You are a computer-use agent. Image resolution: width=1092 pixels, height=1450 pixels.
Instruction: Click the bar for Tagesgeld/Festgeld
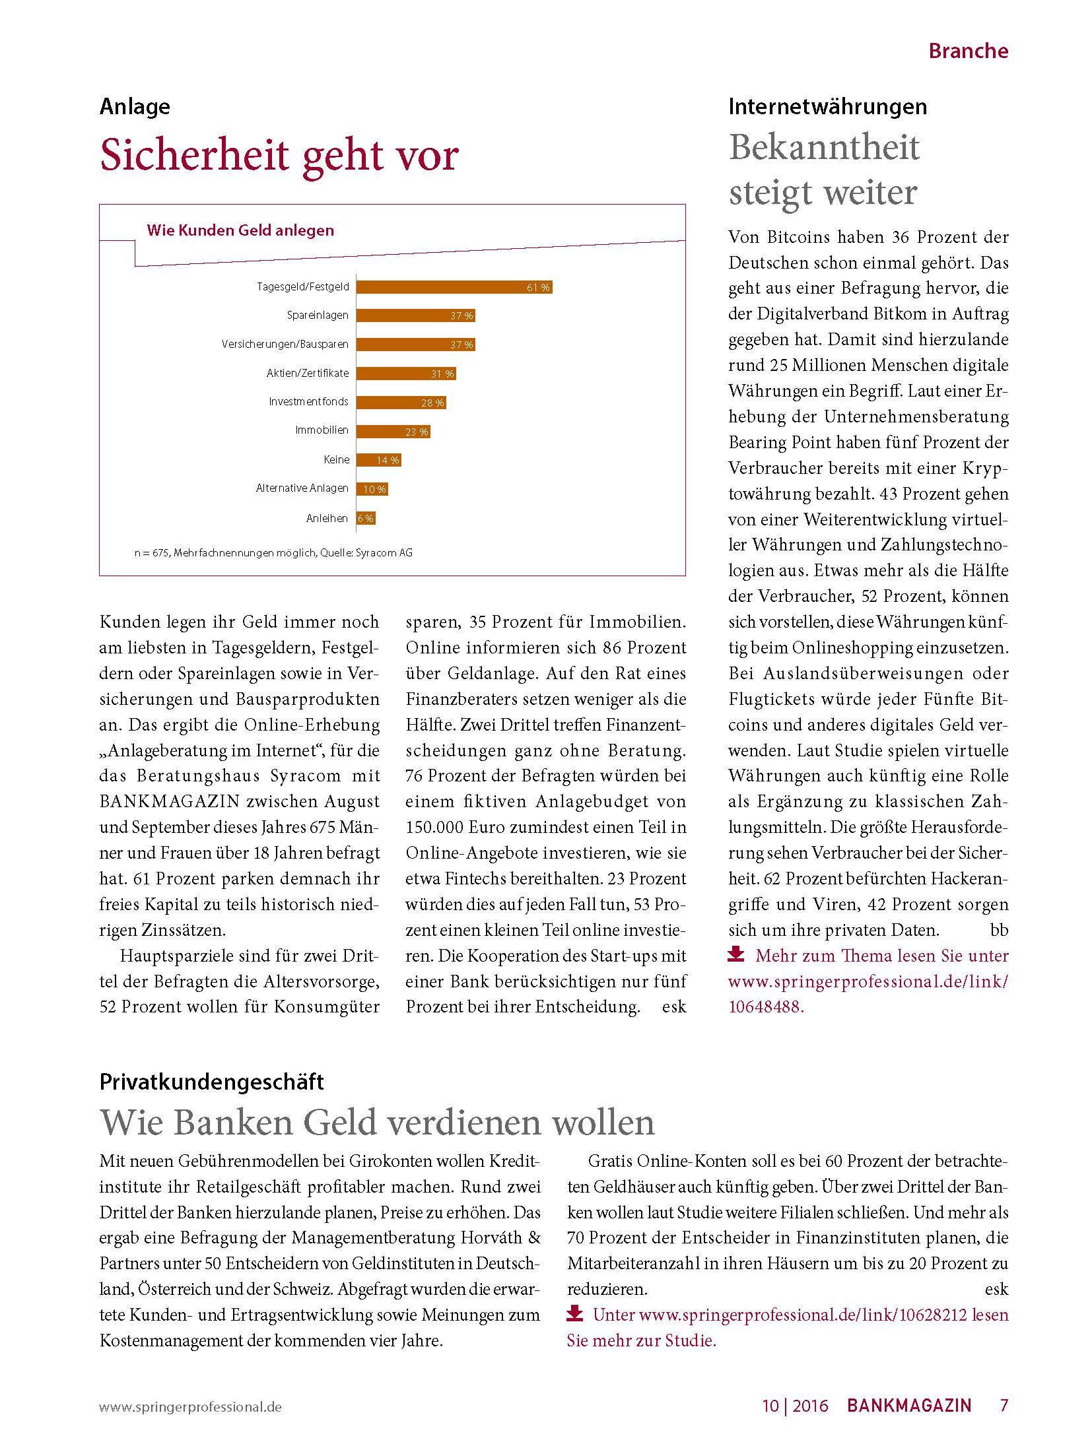tap(454, 287)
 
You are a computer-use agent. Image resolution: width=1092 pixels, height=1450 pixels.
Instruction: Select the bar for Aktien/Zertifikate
tap(405, 374)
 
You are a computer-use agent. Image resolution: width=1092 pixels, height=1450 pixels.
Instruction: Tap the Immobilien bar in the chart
tap(393, 432)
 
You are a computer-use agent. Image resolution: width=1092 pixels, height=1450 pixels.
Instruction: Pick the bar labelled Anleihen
tap(366, 518)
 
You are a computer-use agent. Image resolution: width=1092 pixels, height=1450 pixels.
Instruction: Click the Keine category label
tap(337, 459)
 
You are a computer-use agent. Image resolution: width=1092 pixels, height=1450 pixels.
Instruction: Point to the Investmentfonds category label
tap(308, 401)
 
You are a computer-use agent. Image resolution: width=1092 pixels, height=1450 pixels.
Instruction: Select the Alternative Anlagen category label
tap(302, 488)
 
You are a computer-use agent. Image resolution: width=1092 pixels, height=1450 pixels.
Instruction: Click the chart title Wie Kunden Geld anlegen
tap(240, 230)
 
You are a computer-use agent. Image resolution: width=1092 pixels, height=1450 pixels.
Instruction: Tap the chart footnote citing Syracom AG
tap(273, 552)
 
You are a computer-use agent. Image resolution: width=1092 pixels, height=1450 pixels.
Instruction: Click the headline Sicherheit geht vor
tap(279, 156)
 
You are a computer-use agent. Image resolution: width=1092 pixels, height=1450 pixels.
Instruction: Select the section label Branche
tap(968, 51)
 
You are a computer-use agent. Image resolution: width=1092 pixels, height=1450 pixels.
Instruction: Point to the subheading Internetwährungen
tap(827, 107)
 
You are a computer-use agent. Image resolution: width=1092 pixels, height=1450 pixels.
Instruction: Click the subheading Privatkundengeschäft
tap(212, 1082)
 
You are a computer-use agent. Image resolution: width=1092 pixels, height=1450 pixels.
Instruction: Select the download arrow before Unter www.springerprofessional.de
tap(574, 1313)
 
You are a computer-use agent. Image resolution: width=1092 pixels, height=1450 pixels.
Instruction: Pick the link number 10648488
tap(765, 1006)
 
